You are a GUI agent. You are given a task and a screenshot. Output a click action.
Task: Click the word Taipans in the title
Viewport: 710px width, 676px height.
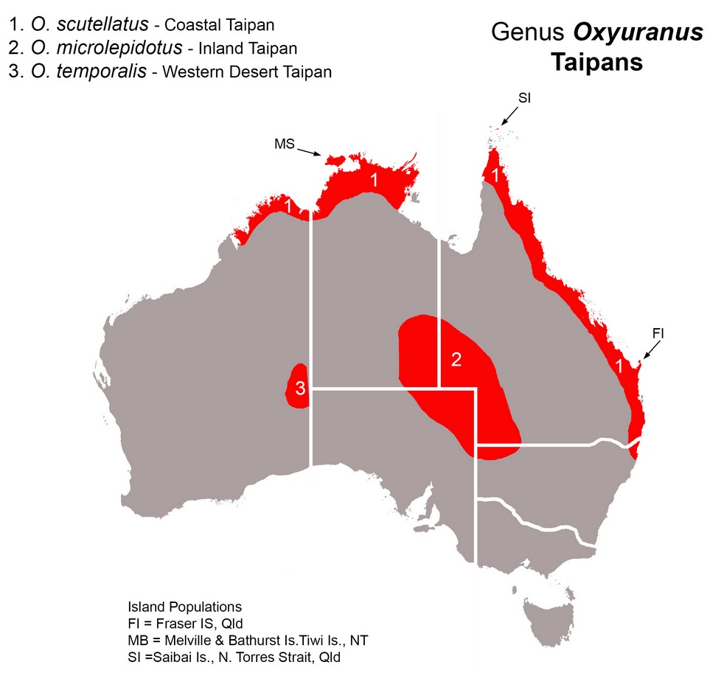pos(596,62)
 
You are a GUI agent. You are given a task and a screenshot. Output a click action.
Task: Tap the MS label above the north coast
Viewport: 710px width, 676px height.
pos(285,144)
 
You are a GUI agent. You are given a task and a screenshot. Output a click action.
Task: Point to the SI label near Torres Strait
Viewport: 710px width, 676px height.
pos(524,97)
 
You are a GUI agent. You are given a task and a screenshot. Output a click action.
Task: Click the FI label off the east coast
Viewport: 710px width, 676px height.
pos(658,333)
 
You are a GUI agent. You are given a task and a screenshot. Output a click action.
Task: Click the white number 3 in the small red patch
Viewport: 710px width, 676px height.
pos(300,389)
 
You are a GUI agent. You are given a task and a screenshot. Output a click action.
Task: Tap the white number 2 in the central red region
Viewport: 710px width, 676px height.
pos(456,360)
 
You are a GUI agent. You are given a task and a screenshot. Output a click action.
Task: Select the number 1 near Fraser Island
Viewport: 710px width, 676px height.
pos(622,366)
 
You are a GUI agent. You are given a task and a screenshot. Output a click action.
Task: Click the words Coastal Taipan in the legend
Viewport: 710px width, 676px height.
pos(219,25)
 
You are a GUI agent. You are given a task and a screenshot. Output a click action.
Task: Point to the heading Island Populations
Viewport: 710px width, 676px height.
pos(184,607)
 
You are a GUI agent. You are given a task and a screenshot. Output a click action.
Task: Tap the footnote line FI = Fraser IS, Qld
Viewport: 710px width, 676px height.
pos(185,624)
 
